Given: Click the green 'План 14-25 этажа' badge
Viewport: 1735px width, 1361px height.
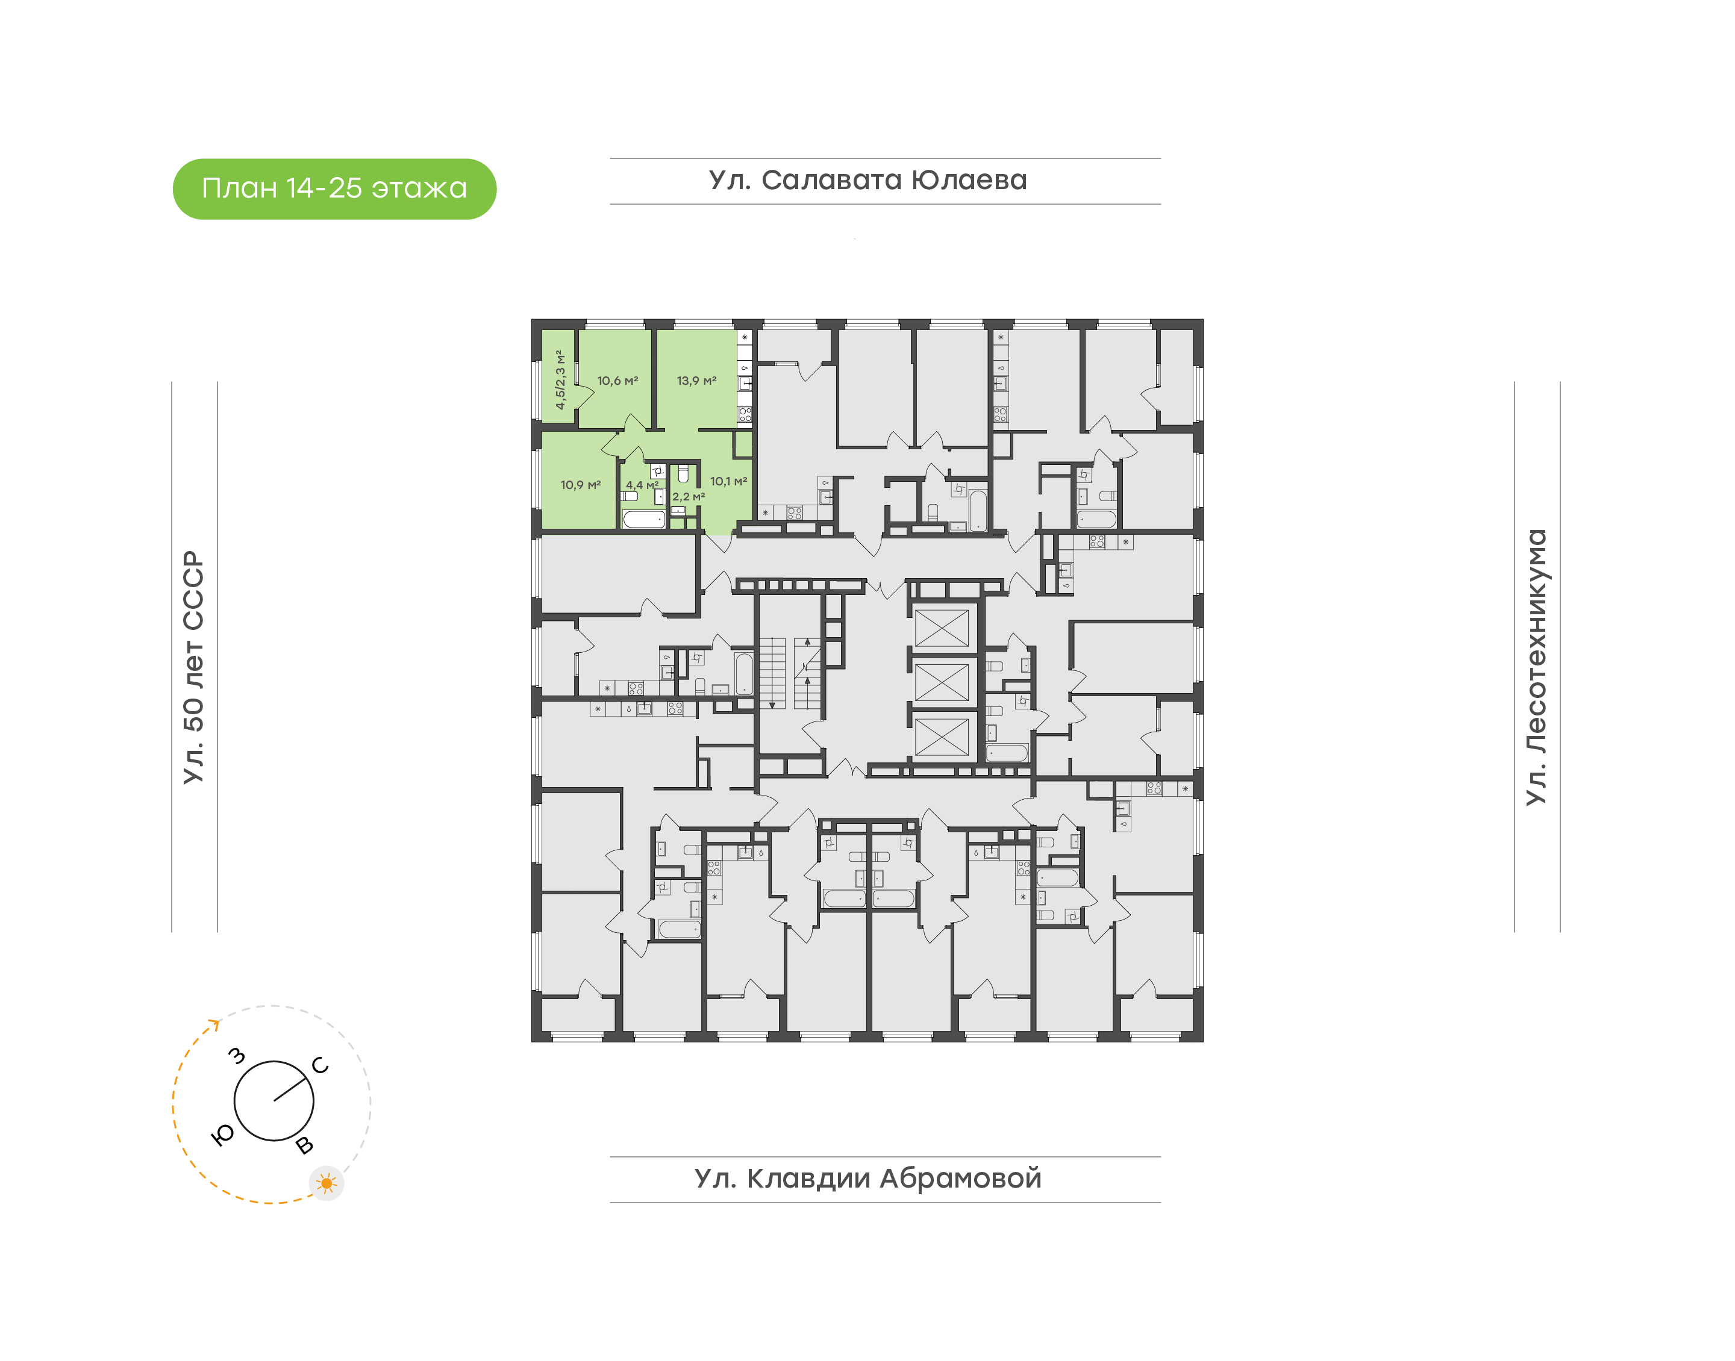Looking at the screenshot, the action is (x=334, y=189).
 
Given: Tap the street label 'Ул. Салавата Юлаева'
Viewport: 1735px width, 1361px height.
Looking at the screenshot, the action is (x=868, y=180).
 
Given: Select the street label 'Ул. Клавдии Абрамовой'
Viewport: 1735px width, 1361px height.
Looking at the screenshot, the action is (x=868, y=1179).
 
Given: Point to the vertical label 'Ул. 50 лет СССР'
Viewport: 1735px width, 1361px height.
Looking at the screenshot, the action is (x=193, y=667).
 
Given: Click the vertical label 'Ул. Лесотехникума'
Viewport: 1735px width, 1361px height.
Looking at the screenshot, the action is (x=1536, y=667).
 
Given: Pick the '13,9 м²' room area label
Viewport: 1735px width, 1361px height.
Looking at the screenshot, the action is (x=696, y=381).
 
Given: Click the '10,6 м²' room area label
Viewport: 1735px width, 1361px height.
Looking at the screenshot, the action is (x=617, y=381).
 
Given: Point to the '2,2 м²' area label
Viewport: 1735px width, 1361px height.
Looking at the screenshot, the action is (x=689, y=496).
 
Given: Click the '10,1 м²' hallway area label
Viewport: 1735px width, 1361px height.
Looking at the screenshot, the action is (x=728, y=481).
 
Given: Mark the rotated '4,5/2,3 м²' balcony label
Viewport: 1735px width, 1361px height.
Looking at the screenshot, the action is (x=560, y=380).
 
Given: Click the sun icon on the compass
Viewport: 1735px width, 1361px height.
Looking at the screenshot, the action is (x=326, y=1183).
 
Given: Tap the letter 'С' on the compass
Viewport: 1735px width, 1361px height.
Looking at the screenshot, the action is (x=320, y=1065).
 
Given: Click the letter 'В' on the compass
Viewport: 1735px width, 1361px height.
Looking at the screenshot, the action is (x=304, y=1146).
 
